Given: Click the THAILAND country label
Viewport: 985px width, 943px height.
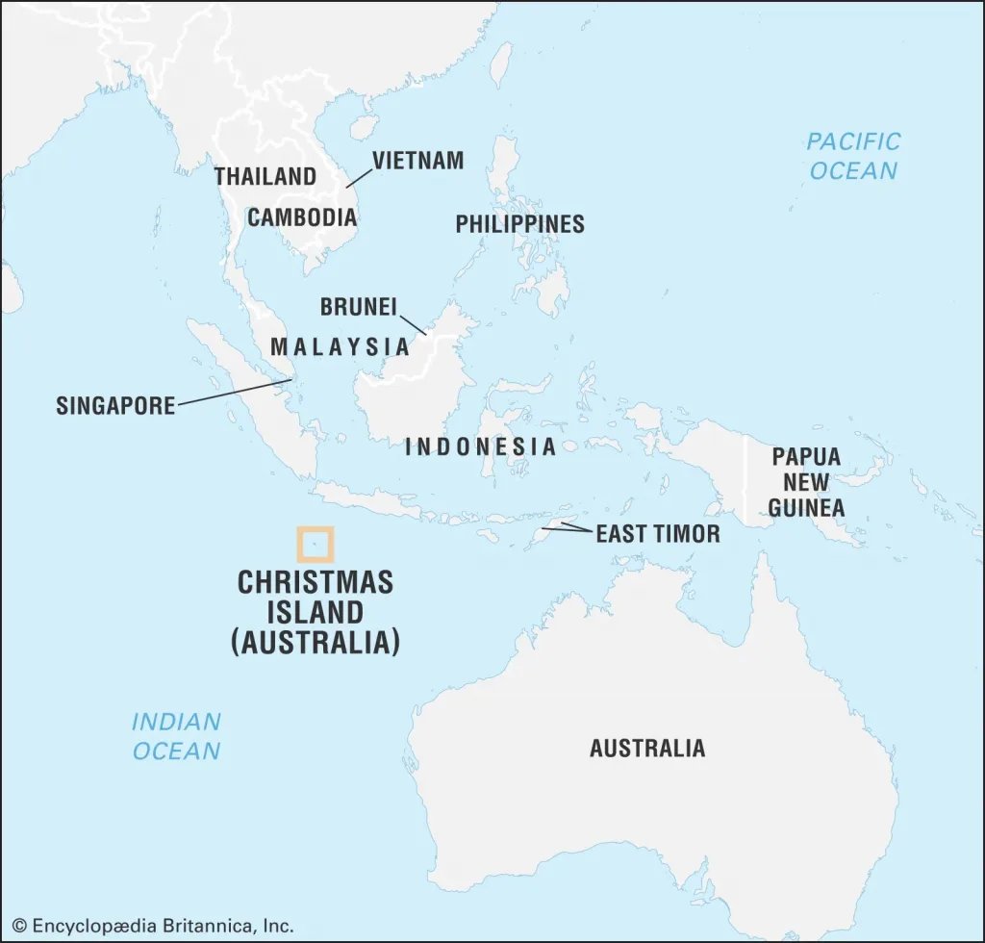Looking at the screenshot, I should coord(265,177).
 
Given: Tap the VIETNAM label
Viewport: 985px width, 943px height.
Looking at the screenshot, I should coord(417,161).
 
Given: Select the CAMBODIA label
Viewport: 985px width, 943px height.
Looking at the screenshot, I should coord(302,217).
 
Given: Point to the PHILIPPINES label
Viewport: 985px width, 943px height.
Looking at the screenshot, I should coord(519,224).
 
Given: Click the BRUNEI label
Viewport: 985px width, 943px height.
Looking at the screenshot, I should coord(358,307).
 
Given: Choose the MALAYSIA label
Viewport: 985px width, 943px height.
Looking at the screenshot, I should coord(340,346).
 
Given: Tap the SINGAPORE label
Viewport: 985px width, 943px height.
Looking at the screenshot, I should coord(115,405).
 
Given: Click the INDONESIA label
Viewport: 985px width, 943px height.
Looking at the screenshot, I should coord(481,446).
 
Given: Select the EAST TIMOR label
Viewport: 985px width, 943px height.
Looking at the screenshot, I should coord(658,533).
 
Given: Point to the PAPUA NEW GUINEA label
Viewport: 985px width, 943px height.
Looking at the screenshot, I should coord(806,482).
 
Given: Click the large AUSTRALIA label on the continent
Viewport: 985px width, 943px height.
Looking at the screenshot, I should coord(646,748).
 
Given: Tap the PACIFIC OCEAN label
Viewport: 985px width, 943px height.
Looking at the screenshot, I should coord(853,156).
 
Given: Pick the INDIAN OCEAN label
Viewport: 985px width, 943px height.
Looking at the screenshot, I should coord(176,736).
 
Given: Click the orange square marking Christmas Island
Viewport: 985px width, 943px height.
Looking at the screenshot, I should coord(315,544).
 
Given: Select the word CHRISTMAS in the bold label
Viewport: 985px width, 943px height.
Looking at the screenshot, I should coord(316,583).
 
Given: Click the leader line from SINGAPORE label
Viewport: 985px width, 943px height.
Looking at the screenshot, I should coord(235,392).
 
